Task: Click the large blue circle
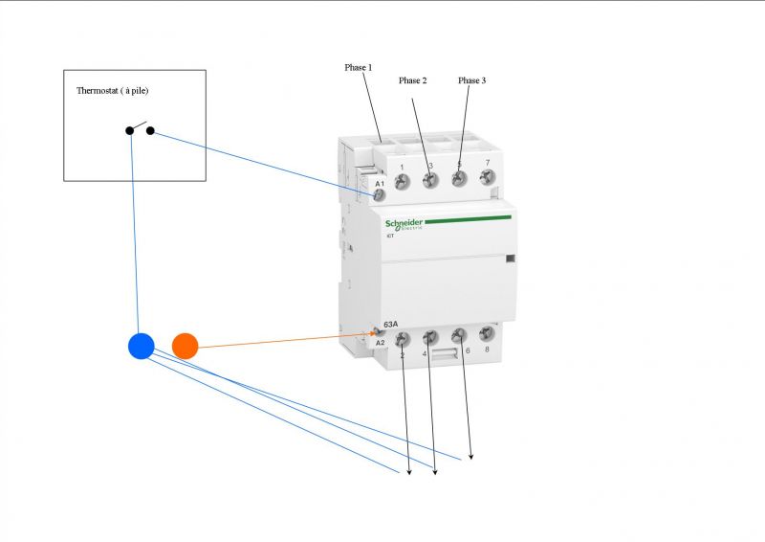click(142, 347)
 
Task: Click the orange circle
click(185, 346)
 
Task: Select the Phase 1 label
click(359, 68)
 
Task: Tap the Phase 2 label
click(412, 80)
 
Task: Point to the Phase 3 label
click(471, 80)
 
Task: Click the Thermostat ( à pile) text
click(113, 91)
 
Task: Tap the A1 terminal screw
click(379, 195)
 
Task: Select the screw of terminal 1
click(403, 179)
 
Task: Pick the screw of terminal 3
click(430, 179)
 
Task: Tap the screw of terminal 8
click(486, 333)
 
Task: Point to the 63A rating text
click(390, 325)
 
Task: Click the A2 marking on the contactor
click(380, 343)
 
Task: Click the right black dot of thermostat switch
click(150, 130)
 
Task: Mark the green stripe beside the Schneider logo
click(468, 218)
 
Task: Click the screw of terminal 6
click(459, 334)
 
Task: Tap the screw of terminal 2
click(403, 338)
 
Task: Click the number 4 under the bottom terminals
click(425, 354)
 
